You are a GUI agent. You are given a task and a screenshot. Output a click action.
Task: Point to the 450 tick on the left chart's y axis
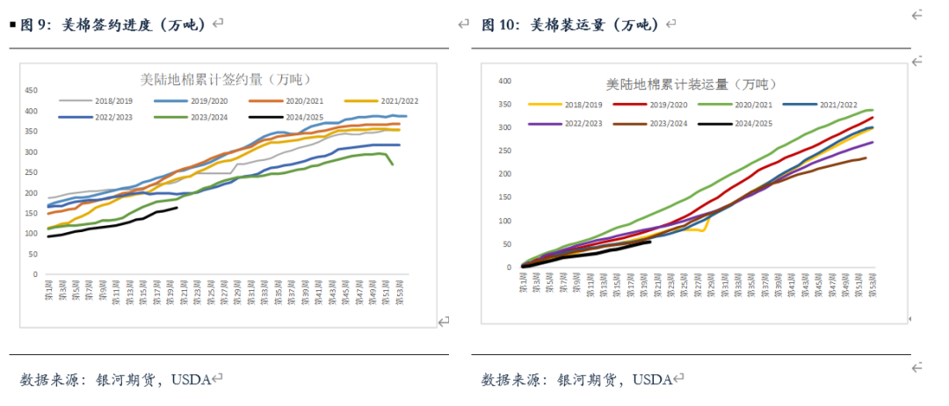(31, 90)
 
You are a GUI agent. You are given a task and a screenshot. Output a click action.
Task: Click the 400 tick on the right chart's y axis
(504, 81)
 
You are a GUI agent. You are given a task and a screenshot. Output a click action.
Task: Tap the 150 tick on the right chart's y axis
(504, 197)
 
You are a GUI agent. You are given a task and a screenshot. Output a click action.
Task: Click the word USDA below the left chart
(191, 380)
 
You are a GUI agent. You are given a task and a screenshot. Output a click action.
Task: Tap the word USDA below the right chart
(652, 380)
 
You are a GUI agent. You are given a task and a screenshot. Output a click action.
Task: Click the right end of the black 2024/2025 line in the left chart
(177, 207)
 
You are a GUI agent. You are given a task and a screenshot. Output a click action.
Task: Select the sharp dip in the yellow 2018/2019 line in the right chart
(704, 230)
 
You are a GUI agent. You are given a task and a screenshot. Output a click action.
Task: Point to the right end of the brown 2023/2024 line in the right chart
(866, 158)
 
